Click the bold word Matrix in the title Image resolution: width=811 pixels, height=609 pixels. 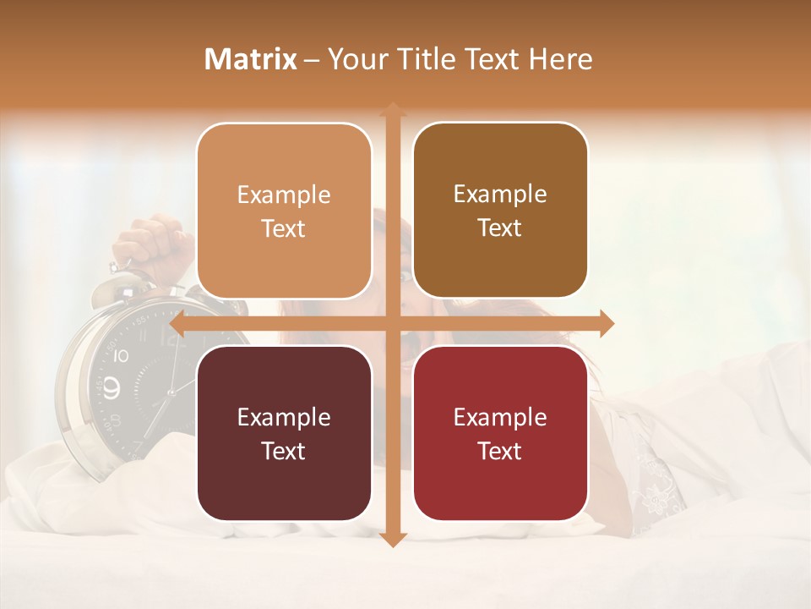click(250, 59)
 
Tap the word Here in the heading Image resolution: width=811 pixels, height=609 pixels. click(560, 59)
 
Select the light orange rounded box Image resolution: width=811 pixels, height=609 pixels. click(284, 211)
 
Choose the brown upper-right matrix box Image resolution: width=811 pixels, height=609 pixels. click(500, 211)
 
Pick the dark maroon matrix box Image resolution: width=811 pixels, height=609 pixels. click(284, 433)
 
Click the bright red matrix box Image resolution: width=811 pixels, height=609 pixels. click(500, 433)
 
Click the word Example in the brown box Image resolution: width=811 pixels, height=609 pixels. click(500, 194)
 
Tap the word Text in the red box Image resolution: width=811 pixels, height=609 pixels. click(500, 451)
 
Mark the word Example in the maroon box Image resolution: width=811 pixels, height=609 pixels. click(284, 417)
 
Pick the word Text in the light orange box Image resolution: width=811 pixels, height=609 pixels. click(284, 228)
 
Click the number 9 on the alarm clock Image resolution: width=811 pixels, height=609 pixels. click(112, 387)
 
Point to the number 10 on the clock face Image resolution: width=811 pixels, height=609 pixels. click(121, 356)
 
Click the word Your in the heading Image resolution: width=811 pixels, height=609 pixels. click(358, 59)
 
